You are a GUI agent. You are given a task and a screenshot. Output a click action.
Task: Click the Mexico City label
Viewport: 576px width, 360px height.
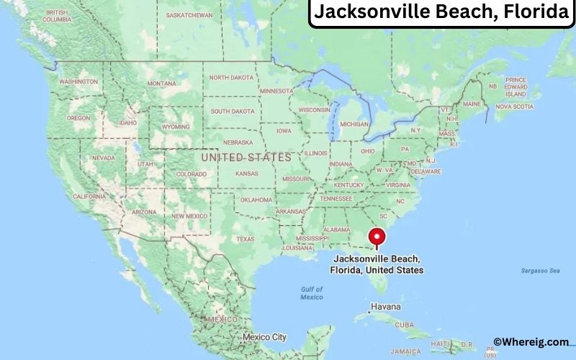[x=264, y=336]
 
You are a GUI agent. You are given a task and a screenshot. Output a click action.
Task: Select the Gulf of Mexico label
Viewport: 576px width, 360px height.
[x=312, y=293]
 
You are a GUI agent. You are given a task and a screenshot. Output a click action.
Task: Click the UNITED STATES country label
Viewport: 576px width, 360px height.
[x=246, y=157]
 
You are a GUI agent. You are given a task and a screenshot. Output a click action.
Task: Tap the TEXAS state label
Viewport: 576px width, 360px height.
[x=246, y=239]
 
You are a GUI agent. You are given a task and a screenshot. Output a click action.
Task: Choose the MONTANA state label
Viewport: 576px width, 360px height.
[x=161, y=84]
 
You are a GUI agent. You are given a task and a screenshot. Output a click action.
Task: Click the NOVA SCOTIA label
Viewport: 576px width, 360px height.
[x=515, y=107]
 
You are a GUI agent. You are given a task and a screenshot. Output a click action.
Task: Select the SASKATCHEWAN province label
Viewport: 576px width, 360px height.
[x=189, y=14]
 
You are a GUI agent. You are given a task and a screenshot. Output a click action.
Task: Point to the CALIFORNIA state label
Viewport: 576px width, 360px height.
[x=89, y=196]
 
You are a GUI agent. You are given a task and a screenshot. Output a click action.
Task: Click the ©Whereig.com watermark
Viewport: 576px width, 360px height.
[x=531, y=342]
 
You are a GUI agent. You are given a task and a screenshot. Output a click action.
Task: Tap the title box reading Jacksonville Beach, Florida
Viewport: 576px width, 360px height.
[x=441, y=13]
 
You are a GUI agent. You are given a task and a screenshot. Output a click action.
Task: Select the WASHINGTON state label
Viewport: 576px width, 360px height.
[x=78, y=82]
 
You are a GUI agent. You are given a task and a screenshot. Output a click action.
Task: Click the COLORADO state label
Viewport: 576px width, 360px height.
[x=191, y=174]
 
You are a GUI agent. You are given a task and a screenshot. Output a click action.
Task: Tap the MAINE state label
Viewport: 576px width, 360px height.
[x=472, y=104]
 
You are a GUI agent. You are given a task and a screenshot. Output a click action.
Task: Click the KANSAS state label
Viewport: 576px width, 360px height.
[x=246, y=174]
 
